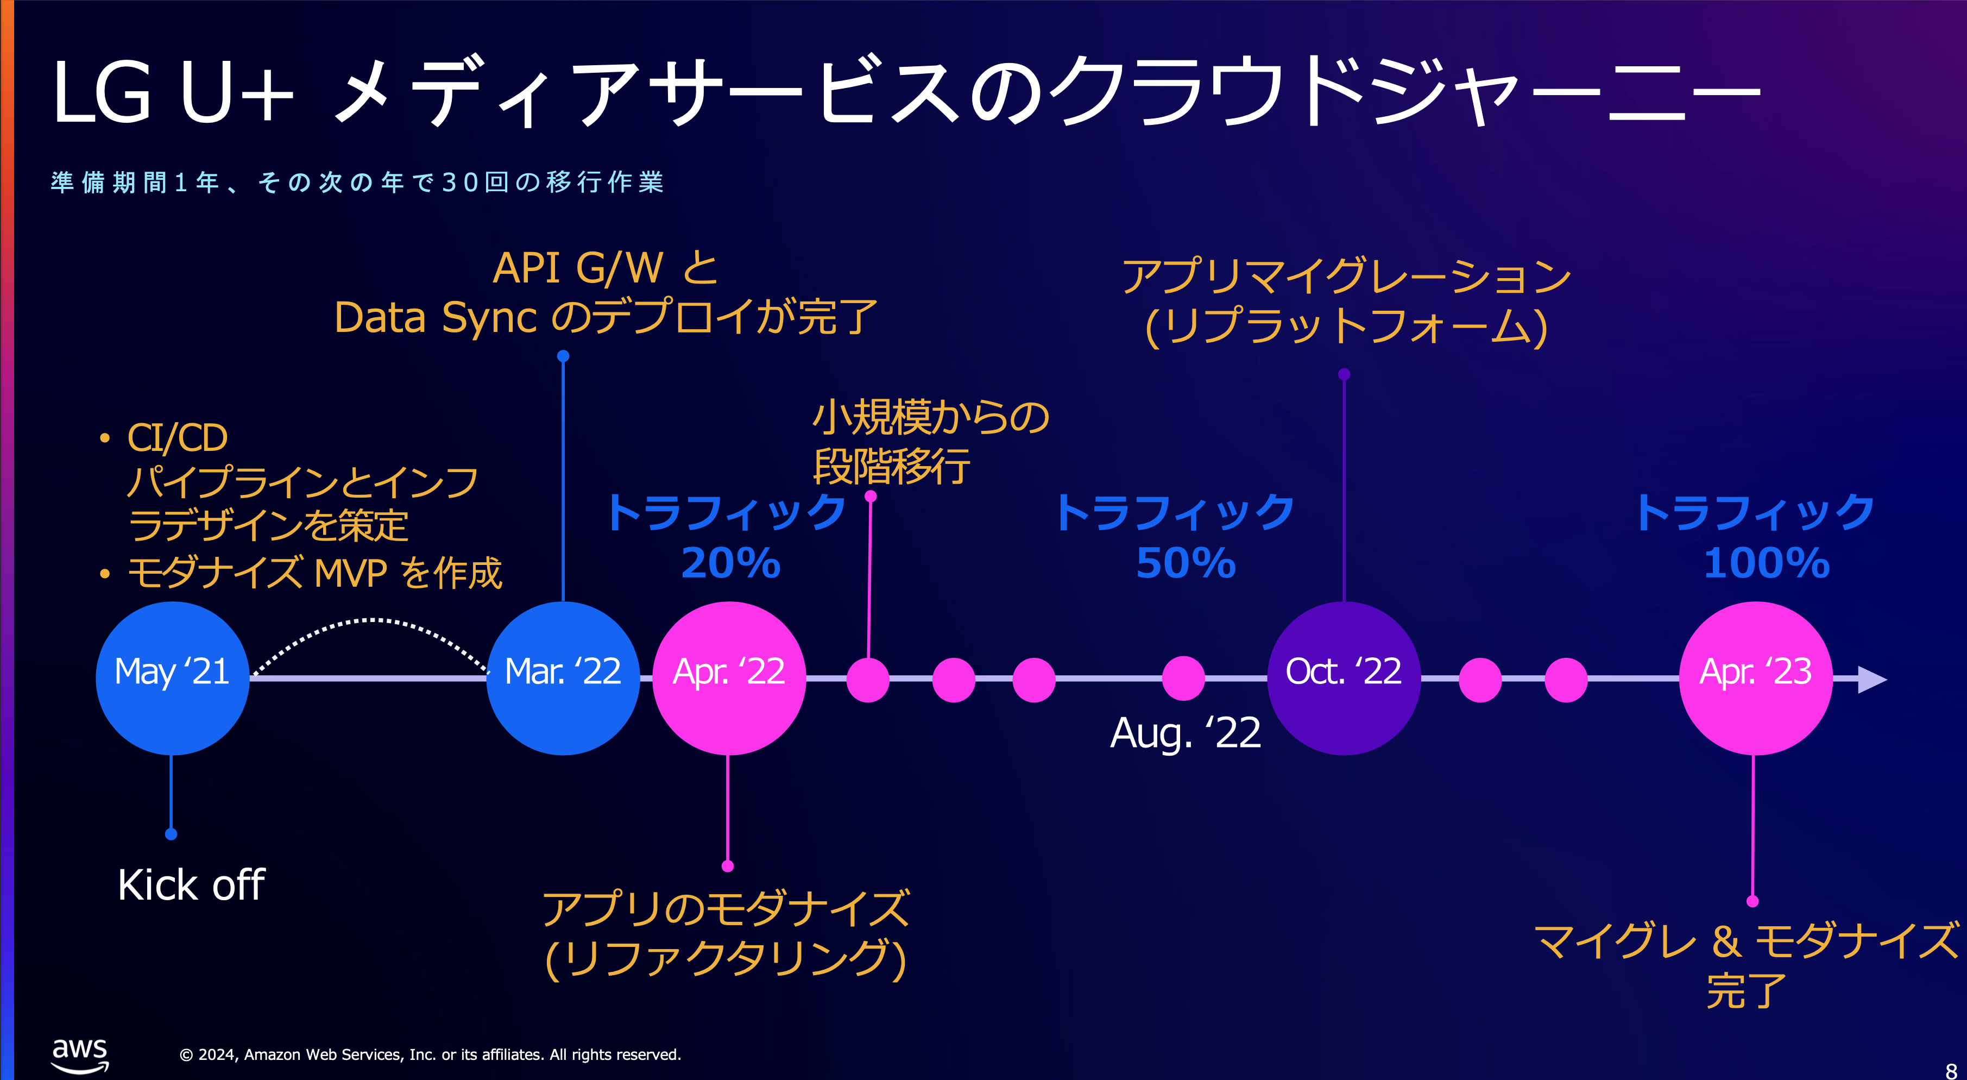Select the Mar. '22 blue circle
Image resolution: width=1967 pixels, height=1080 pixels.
point(563,677)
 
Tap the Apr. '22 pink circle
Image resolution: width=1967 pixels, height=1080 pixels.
point(728,677)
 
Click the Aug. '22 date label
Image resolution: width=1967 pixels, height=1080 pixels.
point(1184,733)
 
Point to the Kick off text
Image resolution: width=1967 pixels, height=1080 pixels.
point(191,885)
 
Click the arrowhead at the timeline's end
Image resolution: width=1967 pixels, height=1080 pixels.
point(1871,679)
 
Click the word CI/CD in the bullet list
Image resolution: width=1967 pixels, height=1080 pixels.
point(177,438)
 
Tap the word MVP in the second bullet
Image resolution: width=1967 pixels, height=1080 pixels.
point(350,573)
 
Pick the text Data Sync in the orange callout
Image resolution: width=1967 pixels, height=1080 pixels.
point(435,318)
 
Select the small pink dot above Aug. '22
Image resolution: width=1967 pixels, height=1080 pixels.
point(1183,678)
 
